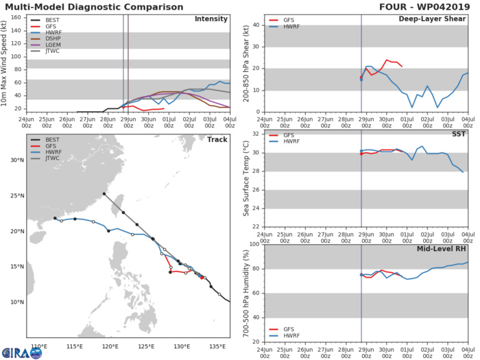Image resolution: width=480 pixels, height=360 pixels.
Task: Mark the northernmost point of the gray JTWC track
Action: (x=104, y=194)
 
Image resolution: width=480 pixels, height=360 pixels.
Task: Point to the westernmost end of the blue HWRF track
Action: (x=55, y=219)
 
